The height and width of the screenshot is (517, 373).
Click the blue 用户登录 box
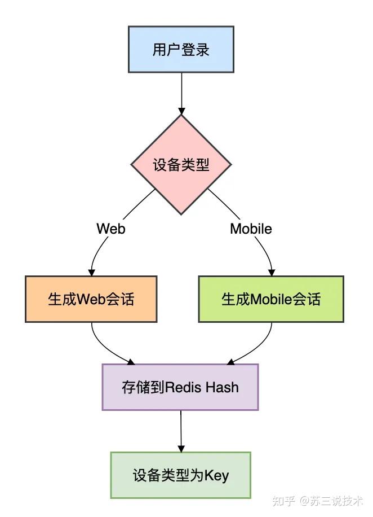point(181,50)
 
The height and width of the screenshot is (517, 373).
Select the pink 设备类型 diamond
point(181,165)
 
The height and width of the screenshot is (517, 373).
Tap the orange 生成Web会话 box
point(91,299)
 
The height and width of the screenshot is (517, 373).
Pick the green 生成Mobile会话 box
point(271,299)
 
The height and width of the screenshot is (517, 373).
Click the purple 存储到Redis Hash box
point(180,387)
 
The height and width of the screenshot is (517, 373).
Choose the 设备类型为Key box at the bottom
point(181,475)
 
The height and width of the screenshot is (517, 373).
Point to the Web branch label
point(111,229)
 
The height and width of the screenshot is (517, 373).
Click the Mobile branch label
point(251,229)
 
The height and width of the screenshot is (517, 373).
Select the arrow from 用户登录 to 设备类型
point(181,93)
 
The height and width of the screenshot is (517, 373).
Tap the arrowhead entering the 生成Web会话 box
point(91,271)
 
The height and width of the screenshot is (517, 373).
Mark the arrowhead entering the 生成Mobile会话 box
point(271,271)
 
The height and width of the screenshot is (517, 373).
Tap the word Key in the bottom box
point(216,476)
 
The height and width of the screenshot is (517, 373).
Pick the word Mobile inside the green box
point(270,299)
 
